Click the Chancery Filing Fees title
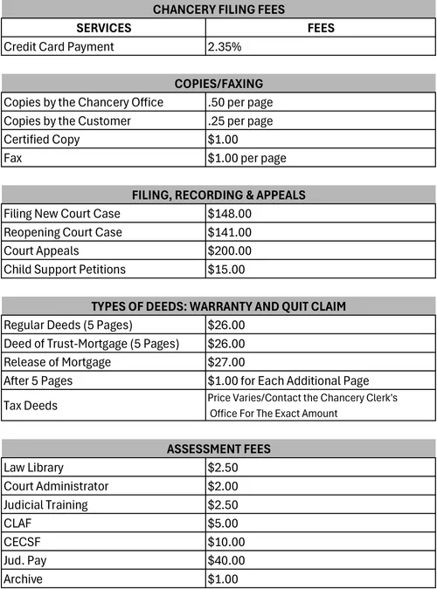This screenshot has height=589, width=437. coord(218,10)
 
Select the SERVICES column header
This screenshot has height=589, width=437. coord(103,28)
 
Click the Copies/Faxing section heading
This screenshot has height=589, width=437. coord(218,84)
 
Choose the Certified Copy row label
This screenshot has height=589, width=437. coord(42,140)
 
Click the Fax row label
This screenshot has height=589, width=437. coord(13,158)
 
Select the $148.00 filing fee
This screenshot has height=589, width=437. coord(230,214)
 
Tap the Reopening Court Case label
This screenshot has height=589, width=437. coord(63,232)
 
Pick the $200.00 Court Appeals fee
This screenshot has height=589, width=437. coord(230,250)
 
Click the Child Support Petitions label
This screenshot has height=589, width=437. coord(65,270)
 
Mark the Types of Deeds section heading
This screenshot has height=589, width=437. coord(218,306)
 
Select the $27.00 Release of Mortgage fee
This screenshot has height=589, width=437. coord(226,362)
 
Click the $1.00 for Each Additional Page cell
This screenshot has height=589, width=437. coord(288,380)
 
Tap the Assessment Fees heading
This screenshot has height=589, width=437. coord(218,449)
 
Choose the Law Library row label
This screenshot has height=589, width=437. coord(34,468)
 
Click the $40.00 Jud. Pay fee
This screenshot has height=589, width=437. coord(226,560)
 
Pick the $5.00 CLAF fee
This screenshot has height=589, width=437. coord(223,524)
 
